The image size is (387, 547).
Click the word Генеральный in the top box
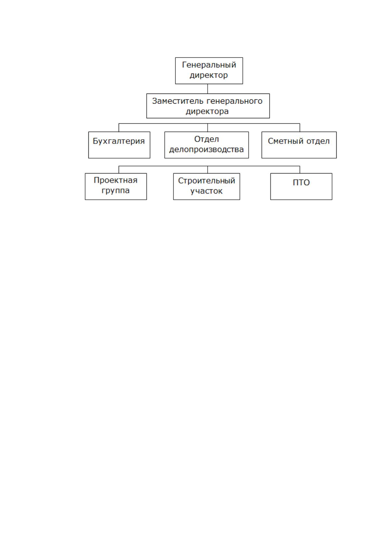(209, 65)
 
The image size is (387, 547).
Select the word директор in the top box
(209, 75)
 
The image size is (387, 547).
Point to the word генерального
(235, 101)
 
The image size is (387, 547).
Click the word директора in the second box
(207, 111)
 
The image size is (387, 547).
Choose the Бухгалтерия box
(119, 145)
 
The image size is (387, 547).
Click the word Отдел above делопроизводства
(206, 139)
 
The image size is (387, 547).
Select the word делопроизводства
(206, 149)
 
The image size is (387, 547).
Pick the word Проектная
(116, 180)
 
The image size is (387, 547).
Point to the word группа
(116, 191)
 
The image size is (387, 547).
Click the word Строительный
(206, 181)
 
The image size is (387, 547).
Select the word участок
(206, 191)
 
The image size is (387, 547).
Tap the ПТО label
(301, 183)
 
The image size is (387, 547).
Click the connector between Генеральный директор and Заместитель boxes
(208, 89)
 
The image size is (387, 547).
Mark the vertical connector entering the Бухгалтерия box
(119, 128)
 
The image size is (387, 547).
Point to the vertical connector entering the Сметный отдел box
(300, 128)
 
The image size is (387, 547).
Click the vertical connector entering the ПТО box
(300, 170)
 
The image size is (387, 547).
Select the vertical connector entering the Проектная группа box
(119, 170)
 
